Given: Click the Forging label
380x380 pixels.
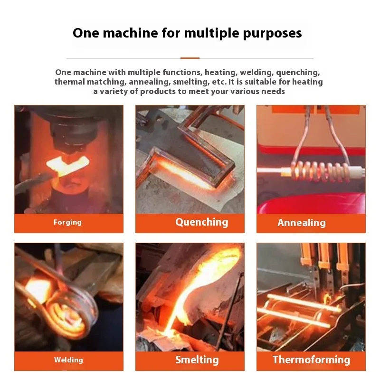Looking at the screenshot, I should (67, 222).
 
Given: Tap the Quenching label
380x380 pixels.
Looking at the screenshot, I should (201, 222).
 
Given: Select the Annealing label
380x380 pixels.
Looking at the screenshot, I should (302, 223).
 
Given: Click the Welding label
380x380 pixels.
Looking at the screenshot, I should (68, 360).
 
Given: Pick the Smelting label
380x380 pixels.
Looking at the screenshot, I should (197, 360).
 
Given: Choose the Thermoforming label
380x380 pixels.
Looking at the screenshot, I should (311, 360).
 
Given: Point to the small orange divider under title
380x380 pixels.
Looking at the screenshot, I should (190, 58).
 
